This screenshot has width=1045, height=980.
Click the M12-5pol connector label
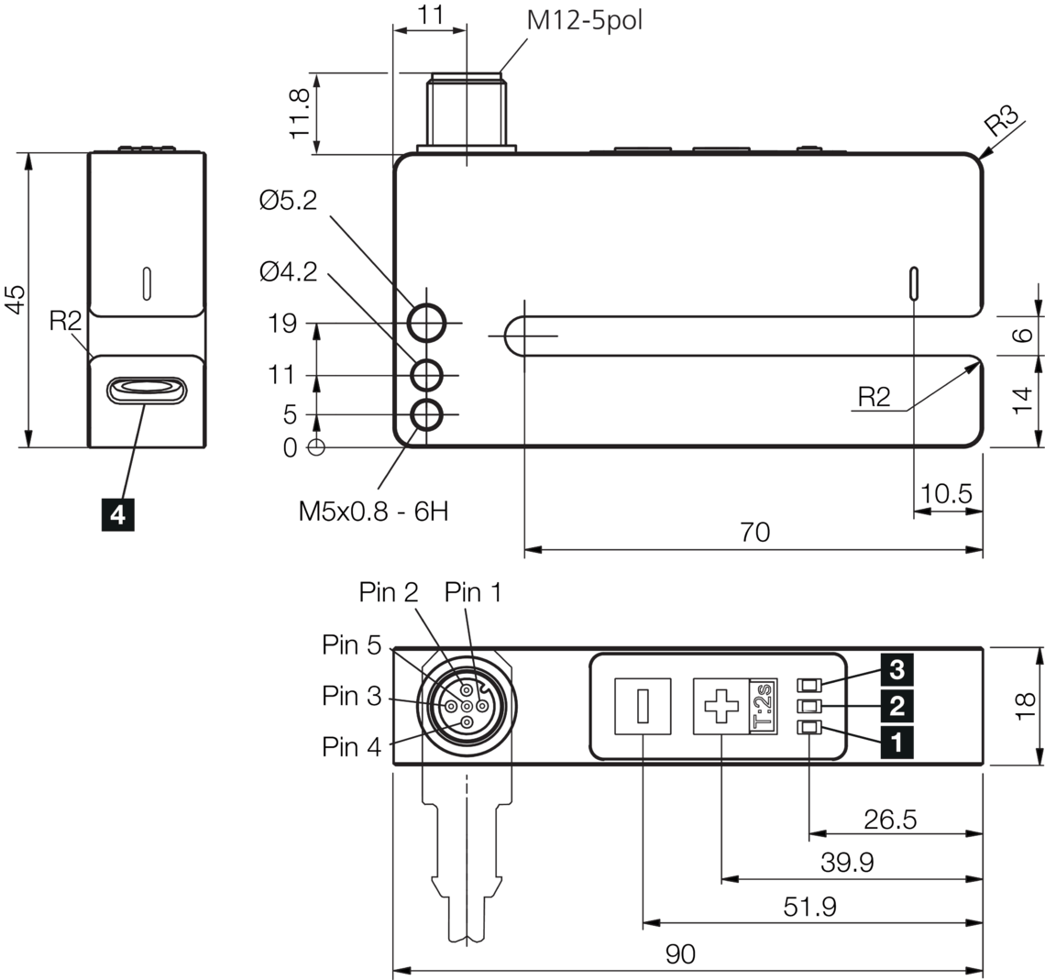[584, 20]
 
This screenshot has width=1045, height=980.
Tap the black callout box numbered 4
[117, 515]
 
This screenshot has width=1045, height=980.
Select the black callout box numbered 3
[896, 670]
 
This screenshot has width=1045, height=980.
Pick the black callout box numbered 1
[896, 741]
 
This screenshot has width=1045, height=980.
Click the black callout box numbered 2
[896, 706]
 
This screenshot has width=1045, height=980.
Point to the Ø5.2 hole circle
[426, 324]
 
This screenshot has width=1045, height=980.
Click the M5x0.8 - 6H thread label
[373, 512]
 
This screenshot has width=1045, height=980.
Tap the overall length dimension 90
[680, 954]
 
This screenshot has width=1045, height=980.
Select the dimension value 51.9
[809, 908]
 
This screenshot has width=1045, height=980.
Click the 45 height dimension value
[16, 299]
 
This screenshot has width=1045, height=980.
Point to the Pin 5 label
[351, 645]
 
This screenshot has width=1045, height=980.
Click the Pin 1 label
[473, 593]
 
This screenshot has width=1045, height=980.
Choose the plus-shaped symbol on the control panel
[720, 707]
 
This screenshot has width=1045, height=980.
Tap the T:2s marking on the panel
[763, 707]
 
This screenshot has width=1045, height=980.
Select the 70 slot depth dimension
[755, 533]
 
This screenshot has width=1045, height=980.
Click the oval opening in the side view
[147, 391]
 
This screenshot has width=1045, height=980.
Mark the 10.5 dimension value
[946, 494]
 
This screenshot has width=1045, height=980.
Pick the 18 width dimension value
[1025, 704]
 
